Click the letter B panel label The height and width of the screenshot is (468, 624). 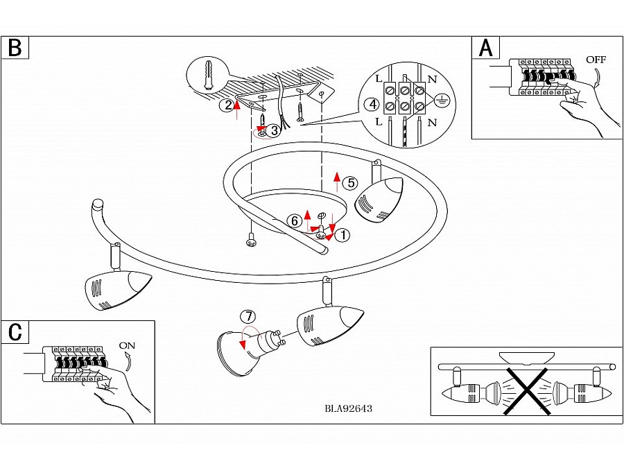[x=15, y=48]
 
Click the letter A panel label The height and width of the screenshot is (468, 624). [x=486, y=48]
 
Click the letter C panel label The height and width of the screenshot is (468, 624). [x=15, y=332]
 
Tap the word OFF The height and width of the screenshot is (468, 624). [x=596, y=60]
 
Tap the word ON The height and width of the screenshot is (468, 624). [x=128, y=345]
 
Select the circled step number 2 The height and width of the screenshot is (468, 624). [x=227, y=105]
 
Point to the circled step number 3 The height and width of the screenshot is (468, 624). [x=275, y=130]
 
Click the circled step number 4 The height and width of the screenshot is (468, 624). [x=372, y=105]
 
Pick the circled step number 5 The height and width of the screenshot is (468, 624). [x=351, y=183]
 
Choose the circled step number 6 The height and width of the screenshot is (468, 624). [x=295, y=220]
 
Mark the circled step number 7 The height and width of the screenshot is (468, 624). [x=248, y=316]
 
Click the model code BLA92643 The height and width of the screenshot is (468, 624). [x=348, y=408]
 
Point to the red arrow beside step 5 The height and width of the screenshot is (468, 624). [x=337, y=182]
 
